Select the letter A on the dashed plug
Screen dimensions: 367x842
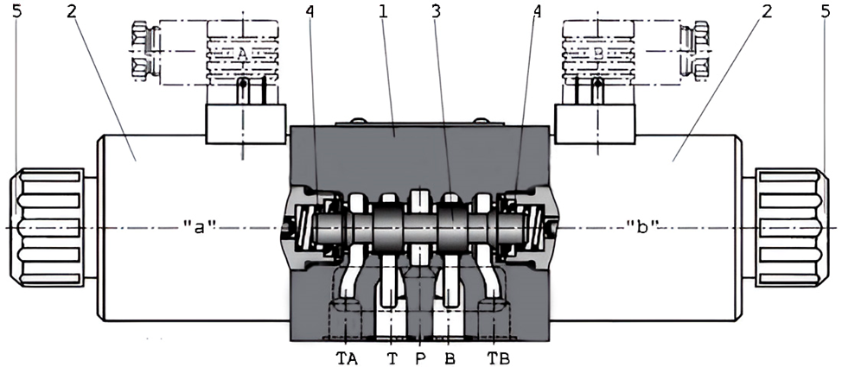click(x=243, y=54)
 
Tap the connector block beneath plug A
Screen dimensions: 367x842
click(x=246, y=123)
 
